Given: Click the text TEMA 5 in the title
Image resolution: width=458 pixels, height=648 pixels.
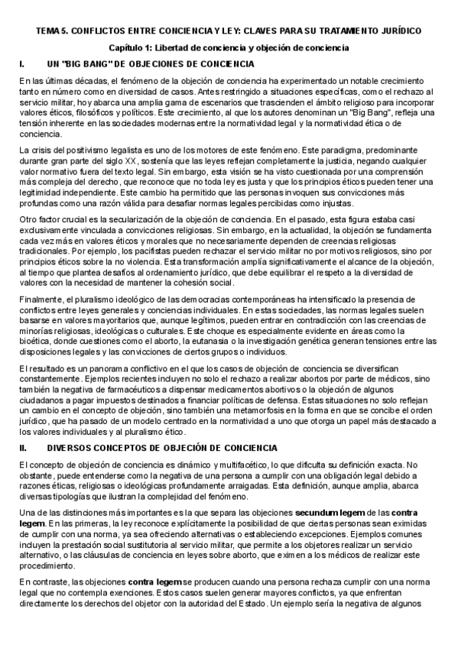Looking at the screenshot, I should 52,30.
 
